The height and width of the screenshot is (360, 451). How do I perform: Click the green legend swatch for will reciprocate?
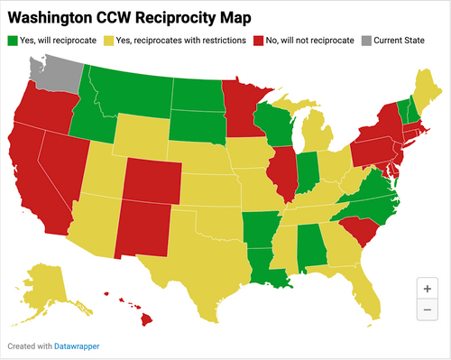pos(13,41)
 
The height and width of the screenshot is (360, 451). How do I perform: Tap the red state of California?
pos(31,181)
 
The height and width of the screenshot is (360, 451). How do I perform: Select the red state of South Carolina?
pos(359,232)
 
